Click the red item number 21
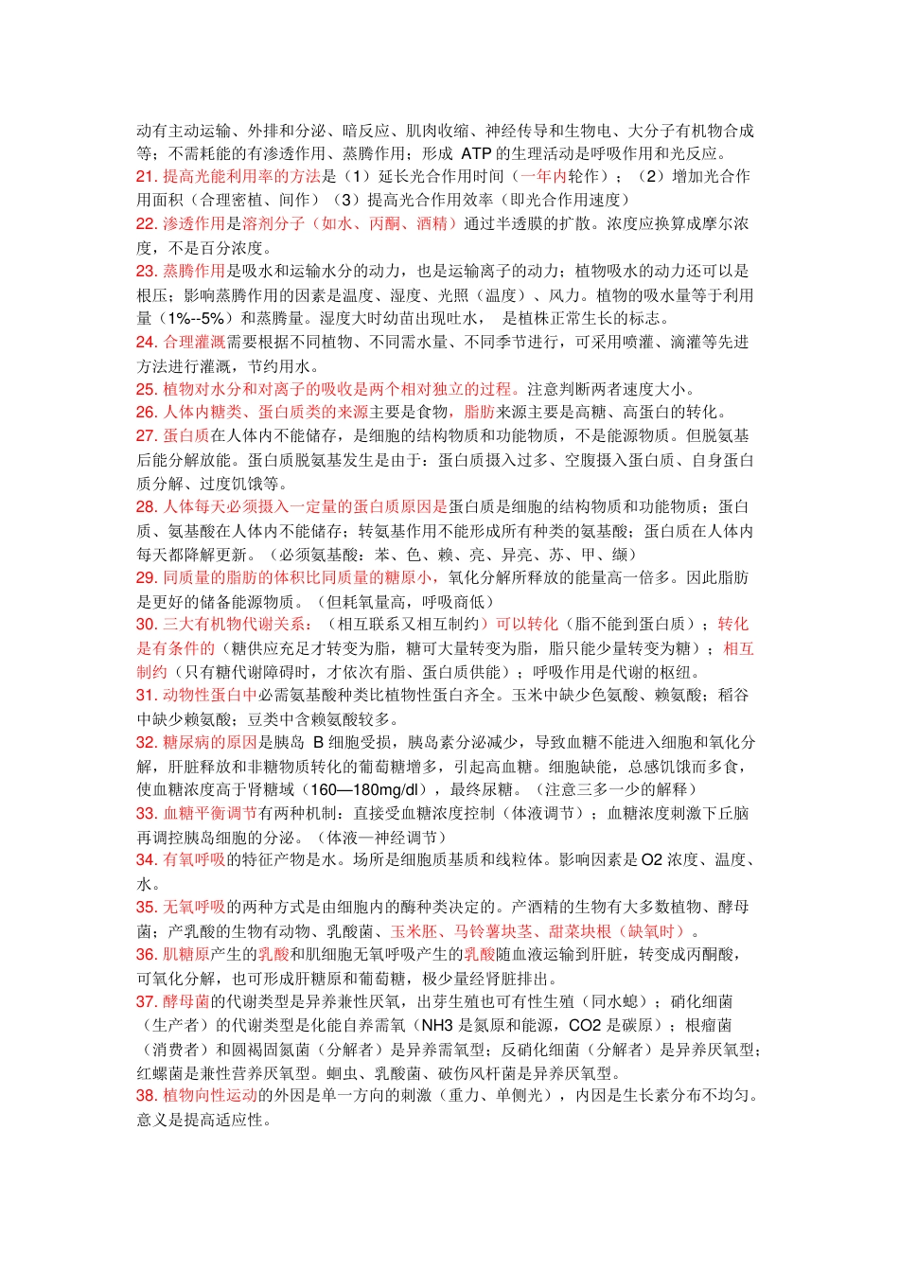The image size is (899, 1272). coord(146,176)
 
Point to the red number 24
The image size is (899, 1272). coord(146,342)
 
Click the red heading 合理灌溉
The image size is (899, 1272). coord(194,342)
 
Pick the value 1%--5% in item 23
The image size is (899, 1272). coord(196,318)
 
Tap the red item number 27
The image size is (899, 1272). coord(146,435)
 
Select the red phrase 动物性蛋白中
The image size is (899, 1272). coord(210,695)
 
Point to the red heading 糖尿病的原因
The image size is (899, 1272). coord(210,742)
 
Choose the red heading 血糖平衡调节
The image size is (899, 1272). coord(210,813)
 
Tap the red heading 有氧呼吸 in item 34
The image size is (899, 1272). coord(194,859)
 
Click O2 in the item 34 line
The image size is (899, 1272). coord(651,859)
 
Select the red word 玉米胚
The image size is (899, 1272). coord(414,931)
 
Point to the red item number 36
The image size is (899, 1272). coord(146,954)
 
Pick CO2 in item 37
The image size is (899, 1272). coord(585,1025)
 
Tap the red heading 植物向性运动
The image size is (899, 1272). coord(210,1095)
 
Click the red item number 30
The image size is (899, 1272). coord(146,624)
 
